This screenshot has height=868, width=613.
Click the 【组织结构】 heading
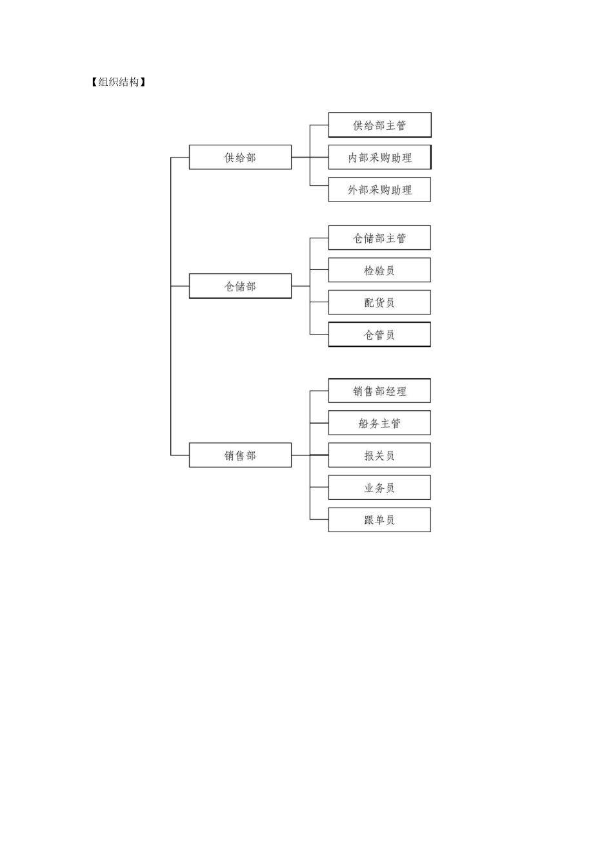pos(118,82)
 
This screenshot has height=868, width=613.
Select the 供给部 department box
pos(240,157)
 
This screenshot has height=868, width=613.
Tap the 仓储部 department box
pos(240,286)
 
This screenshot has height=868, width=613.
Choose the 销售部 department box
pos(240,455)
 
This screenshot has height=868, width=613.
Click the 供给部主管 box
pos(379,125)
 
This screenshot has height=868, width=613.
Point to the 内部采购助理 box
pos(379,157)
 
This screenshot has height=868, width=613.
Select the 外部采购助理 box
pos(379,189)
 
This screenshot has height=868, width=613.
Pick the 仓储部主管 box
pos(379,238)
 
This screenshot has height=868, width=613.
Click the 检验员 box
pos(379,270)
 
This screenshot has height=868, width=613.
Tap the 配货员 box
pos(379,302)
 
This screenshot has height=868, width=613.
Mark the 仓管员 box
pos(379,335)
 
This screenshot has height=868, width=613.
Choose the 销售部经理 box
pos(379,391)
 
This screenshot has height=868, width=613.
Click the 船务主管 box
pos(379,423)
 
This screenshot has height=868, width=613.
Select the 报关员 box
pos(379,455)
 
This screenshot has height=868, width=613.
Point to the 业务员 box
pos(379,488)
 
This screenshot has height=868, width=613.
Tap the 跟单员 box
pos(379,520)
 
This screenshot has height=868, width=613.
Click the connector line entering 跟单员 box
pos(319,520)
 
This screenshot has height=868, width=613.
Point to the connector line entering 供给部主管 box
pos(319,125)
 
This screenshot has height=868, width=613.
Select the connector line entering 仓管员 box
pos(319,335)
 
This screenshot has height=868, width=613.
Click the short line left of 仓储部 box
pos(180,286)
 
